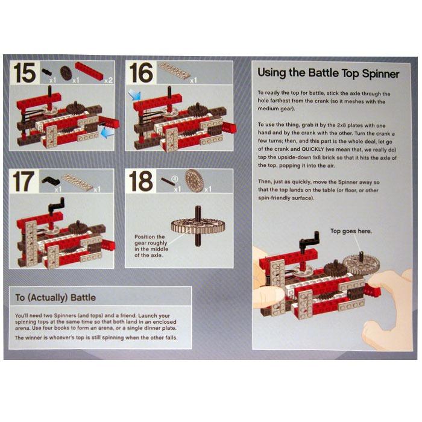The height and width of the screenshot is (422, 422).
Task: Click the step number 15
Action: click(x=25, y=72)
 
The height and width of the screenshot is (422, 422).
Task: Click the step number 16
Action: click(x=140, y=72)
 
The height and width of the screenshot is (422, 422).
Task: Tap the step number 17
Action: click(x=24, y=181)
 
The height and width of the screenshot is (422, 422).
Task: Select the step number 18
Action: click(x=140, y=181)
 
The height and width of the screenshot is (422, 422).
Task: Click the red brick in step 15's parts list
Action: click(x=89, y=71)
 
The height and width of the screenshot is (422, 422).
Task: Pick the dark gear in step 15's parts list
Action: click(x=66, y=73)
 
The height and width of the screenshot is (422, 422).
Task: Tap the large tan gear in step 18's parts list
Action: click(x=194, y=181)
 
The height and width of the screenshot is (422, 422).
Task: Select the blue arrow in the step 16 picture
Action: click(x=134, y=95)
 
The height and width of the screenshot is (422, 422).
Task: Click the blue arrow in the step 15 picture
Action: click(x=107, y=133)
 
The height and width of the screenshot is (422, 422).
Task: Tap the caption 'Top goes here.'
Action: click(x=351, y=231)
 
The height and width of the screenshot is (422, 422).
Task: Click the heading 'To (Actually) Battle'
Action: click(x=55, y=298)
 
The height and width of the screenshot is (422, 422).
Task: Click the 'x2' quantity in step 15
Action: click(x=109, y=80)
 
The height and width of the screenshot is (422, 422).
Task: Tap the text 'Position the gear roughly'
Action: click(x=151, y=240)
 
